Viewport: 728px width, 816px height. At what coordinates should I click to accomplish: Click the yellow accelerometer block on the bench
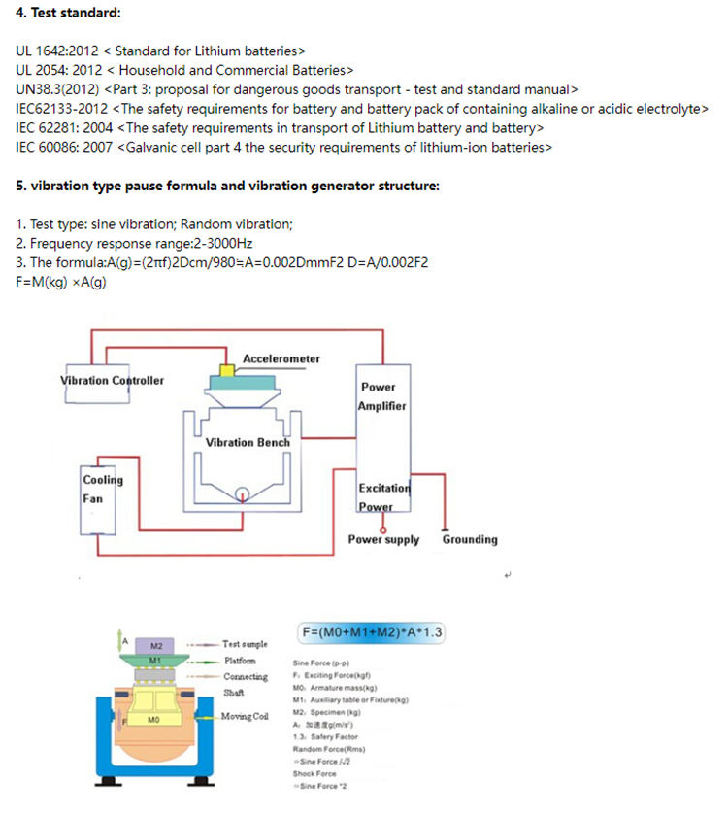coord(227,371)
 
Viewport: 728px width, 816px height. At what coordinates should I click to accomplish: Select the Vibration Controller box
coord(113,381)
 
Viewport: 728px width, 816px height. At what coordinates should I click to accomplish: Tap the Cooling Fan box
coord(102,489)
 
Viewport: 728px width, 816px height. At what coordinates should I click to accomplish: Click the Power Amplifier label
coord(382,396)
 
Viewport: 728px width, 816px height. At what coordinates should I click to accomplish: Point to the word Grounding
coord(470,539)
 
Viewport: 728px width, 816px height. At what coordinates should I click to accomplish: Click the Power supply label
coord(383,539)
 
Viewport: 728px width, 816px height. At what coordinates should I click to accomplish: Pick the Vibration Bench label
coord(248,442)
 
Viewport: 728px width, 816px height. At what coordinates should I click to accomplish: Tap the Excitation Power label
coord(384,496)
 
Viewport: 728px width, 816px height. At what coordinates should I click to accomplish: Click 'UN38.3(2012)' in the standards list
coord(57,89)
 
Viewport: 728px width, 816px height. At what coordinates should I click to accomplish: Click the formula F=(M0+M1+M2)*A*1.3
coord(372,633)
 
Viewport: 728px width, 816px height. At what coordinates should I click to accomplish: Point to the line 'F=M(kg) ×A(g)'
coord(60,282)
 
